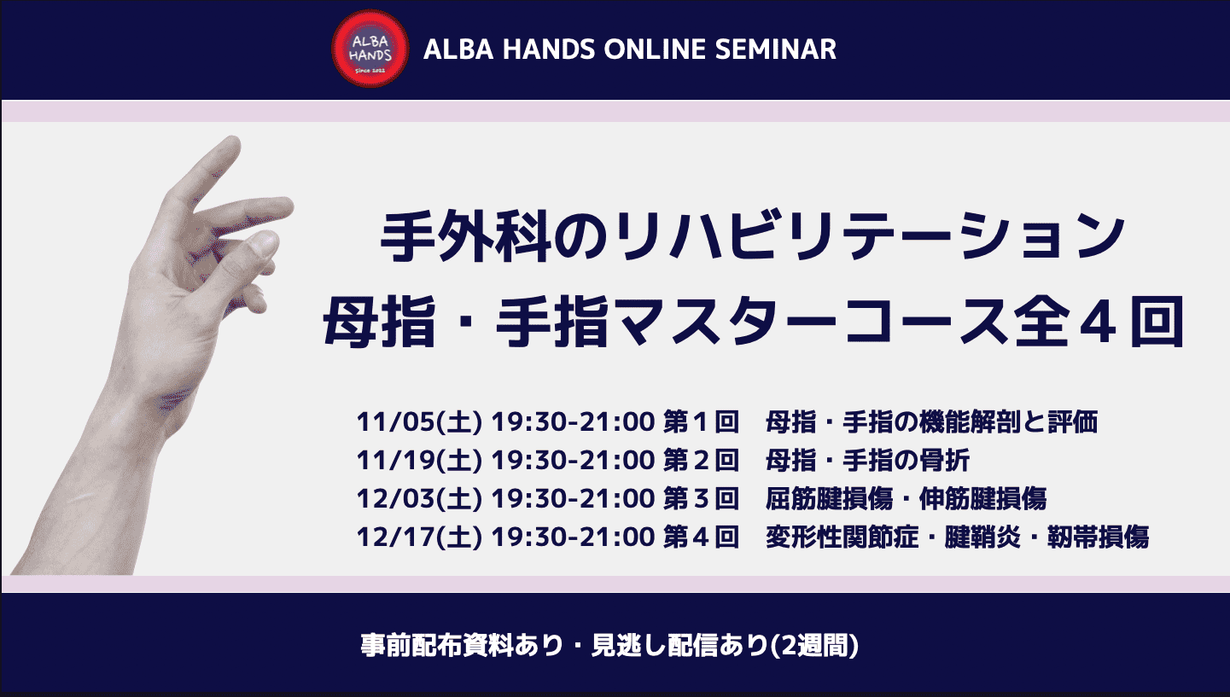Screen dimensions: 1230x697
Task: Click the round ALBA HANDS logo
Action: pyautogui.click(x=370, y=49)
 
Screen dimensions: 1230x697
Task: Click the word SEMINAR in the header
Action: pyautogui.click(x=775, y=49)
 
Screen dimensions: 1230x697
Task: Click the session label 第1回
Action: pyautogui.click(x=701, y=422)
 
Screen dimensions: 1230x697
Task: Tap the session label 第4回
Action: pyautogui.click(x=701, y=537)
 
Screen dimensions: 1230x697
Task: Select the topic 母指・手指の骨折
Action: pyautogui.click(x=867, y=461)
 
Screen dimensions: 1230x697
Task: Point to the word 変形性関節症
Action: pyautogui.click(x=842, y=537)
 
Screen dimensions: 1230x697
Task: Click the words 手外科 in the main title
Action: pyautogui.click(x=466, y=239)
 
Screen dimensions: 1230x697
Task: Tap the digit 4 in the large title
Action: pyautogui.click(x=1097, y=322)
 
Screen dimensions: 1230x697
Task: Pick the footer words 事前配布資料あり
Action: pyautogui.click(x=462, y=646)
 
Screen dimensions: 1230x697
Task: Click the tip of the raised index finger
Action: pyautogui.click(x=233, y=142)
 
